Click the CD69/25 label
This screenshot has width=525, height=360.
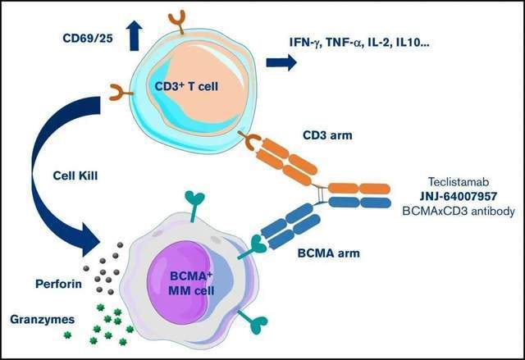[x=88, y=39]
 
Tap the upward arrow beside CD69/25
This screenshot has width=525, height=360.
[x=134, y=35]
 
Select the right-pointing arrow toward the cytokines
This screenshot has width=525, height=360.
[x=281, y=62]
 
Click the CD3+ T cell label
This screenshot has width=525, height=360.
[x=186, y=86]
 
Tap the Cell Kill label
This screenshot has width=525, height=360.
[x=75, y=175]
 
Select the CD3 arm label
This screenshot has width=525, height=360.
[x=327, y=135]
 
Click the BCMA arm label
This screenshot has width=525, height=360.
[x=329, y=253]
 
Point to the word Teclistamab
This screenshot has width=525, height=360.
[x=459, y=182]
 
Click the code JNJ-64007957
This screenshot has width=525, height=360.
[x=459, y=196]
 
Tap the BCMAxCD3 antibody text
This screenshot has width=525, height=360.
[x=459, y=212]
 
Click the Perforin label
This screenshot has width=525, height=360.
[x=58, y=284]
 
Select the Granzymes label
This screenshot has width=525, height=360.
[x=43, y=319]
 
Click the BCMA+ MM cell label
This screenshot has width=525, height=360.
[x=191, y=283]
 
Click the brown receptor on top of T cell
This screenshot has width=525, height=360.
[x=177, y=24]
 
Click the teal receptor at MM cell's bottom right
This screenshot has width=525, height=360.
[x=254, y=321]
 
